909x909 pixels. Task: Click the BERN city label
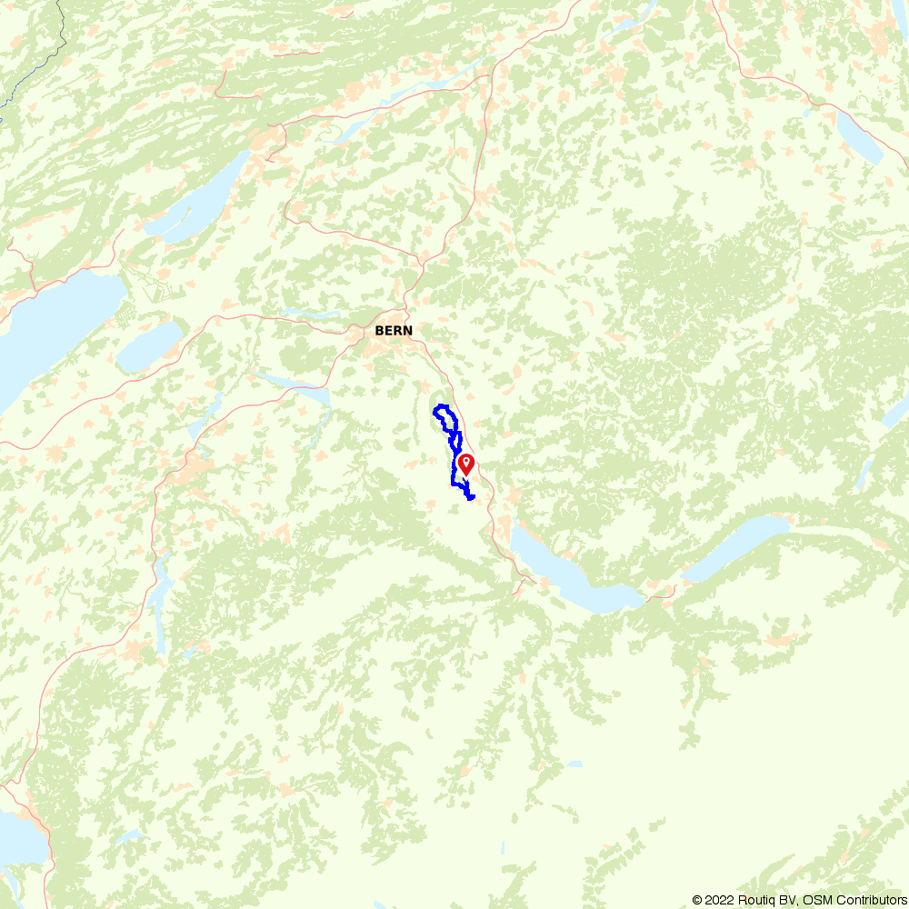click(x=394, y=331)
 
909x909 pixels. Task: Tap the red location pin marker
click(x=465, y=464)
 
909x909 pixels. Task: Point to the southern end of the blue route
click(x=471, y=497)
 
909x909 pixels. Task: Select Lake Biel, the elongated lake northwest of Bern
click(x=200, y=205)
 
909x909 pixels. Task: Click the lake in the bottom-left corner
click(x=18, y=841)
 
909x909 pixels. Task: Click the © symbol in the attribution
click(x=696, y=900)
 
